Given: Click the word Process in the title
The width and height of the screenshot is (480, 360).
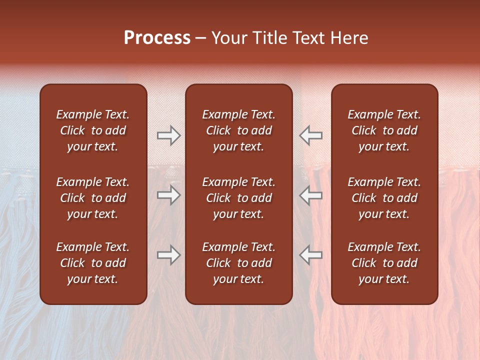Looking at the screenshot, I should coord(157,38).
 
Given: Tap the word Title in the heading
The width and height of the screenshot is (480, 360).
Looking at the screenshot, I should coord(270,38).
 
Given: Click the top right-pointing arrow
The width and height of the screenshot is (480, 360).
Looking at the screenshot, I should coord(168,135).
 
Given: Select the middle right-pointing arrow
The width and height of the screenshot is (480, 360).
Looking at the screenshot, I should coord(168,195).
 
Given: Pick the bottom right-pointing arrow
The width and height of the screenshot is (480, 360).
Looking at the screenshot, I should coord(168,255).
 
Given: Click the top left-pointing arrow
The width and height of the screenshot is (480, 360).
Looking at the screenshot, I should coord(311,135).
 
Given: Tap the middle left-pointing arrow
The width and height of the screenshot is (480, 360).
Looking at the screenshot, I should coord(311,195).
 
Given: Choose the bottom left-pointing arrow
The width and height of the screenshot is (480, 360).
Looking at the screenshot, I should coord(311,255).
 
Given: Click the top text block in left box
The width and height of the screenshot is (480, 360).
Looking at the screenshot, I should coord(93,130).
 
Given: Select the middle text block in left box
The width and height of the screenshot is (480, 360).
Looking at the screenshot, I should coord(93,198).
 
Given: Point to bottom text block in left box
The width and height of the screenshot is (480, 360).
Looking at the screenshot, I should coord(93,263).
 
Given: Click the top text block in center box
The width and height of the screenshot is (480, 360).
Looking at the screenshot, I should coord(238,130).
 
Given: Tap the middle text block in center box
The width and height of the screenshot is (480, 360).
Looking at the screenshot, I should coord(238,198).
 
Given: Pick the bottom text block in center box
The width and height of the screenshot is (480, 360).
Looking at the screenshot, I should coord(238,263).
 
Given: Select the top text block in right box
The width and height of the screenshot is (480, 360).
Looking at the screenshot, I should coord(384,130).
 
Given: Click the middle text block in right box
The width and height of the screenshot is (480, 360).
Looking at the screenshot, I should coord(384,198).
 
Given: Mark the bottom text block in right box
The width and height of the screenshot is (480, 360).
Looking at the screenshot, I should coord(384,263).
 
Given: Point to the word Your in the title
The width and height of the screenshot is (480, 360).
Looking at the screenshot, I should coord(229,38).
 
